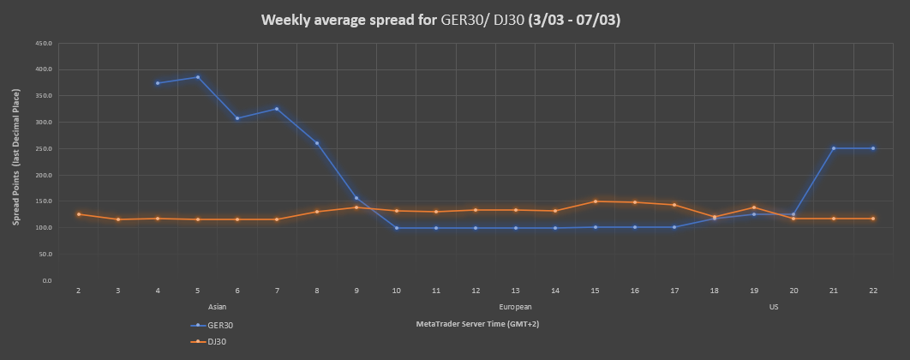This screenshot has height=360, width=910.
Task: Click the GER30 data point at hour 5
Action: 197,77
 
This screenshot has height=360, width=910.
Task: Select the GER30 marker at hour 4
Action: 158,83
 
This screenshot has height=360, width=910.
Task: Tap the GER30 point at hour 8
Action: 317,143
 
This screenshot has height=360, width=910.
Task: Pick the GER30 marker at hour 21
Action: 833,148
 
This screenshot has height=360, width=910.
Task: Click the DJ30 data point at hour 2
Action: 78,214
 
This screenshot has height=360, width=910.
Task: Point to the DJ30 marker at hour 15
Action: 595,201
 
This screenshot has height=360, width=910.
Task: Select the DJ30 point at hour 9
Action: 356,207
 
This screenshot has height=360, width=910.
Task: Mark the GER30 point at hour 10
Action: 396,228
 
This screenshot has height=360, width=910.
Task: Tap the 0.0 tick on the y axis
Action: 47,281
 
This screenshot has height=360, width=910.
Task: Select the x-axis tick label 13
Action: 515,291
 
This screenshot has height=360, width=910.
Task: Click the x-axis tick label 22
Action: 872,291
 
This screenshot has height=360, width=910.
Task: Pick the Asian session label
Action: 217,306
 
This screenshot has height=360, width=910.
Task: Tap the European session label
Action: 515,306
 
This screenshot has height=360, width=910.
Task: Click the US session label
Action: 774,306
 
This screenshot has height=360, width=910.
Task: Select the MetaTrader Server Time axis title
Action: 477,324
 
